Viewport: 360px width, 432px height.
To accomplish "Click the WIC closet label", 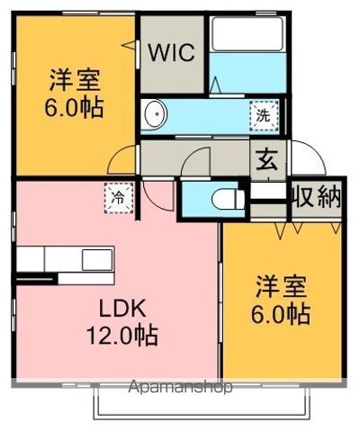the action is [x=172, y=53].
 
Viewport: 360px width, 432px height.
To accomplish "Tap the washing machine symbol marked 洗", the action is [x=265, y=115].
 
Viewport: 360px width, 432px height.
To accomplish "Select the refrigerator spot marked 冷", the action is [x=119, y=198].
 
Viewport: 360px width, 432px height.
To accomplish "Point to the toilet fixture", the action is [x=229, y=199].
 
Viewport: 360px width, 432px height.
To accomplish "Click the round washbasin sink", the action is [x=156, y=114].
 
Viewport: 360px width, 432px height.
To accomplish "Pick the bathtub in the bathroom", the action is [x=247, y=33].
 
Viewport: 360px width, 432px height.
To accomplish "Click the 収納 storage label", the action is [x=317, y=196].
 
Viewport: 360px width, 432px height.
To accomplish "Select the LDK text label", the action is [x=123, y=308].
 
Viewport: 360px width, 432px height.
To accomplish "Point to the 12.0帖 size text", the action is [x=122, y=335].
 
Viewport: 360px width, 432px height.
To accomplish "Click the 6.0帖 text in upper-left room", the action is [x=74, y=107].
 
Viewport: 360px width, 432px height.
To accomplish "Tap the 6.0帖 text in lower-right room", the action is [x=281, y=314].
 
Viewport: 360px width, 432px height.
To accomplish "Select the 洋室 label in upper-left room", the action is [x=75, y=80].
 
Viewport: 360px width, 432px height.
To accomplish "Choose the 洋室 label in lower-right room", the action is [x=281, y=287].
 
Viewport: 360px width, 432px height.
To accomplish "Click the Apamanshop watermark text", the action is [x=180, y=387].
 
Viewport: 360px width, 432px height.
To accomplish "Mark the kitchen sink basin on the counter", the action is [x=97, y=259].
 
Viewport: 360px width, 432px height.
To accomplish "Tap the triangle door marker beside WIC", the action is [x=129, y=45].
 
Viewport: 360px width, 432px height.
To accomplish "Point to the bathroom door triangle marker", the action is [x=215, y=85].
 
